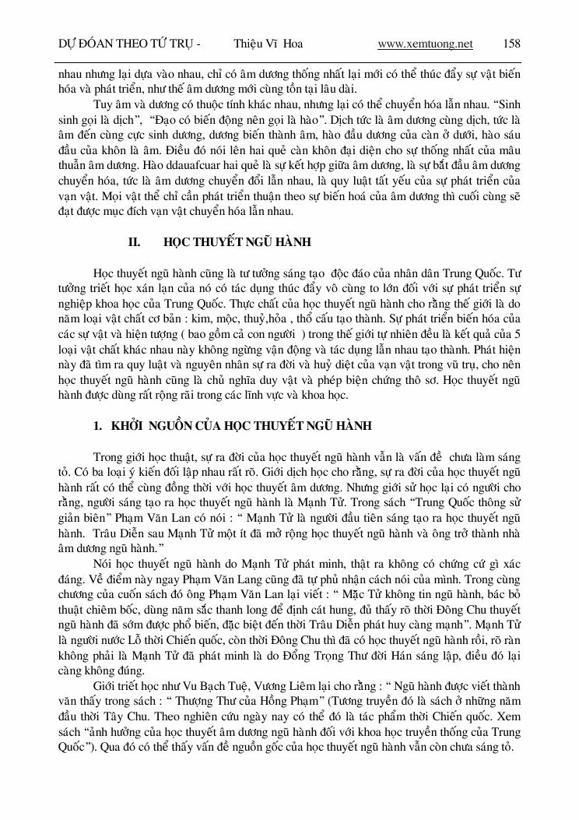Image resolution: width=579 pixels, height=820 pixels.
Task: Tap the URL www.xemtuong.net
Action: (x=425, y=44)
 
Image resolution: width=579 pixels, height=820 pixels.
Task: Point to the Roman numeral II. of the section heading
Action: (x=134, y=242)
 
